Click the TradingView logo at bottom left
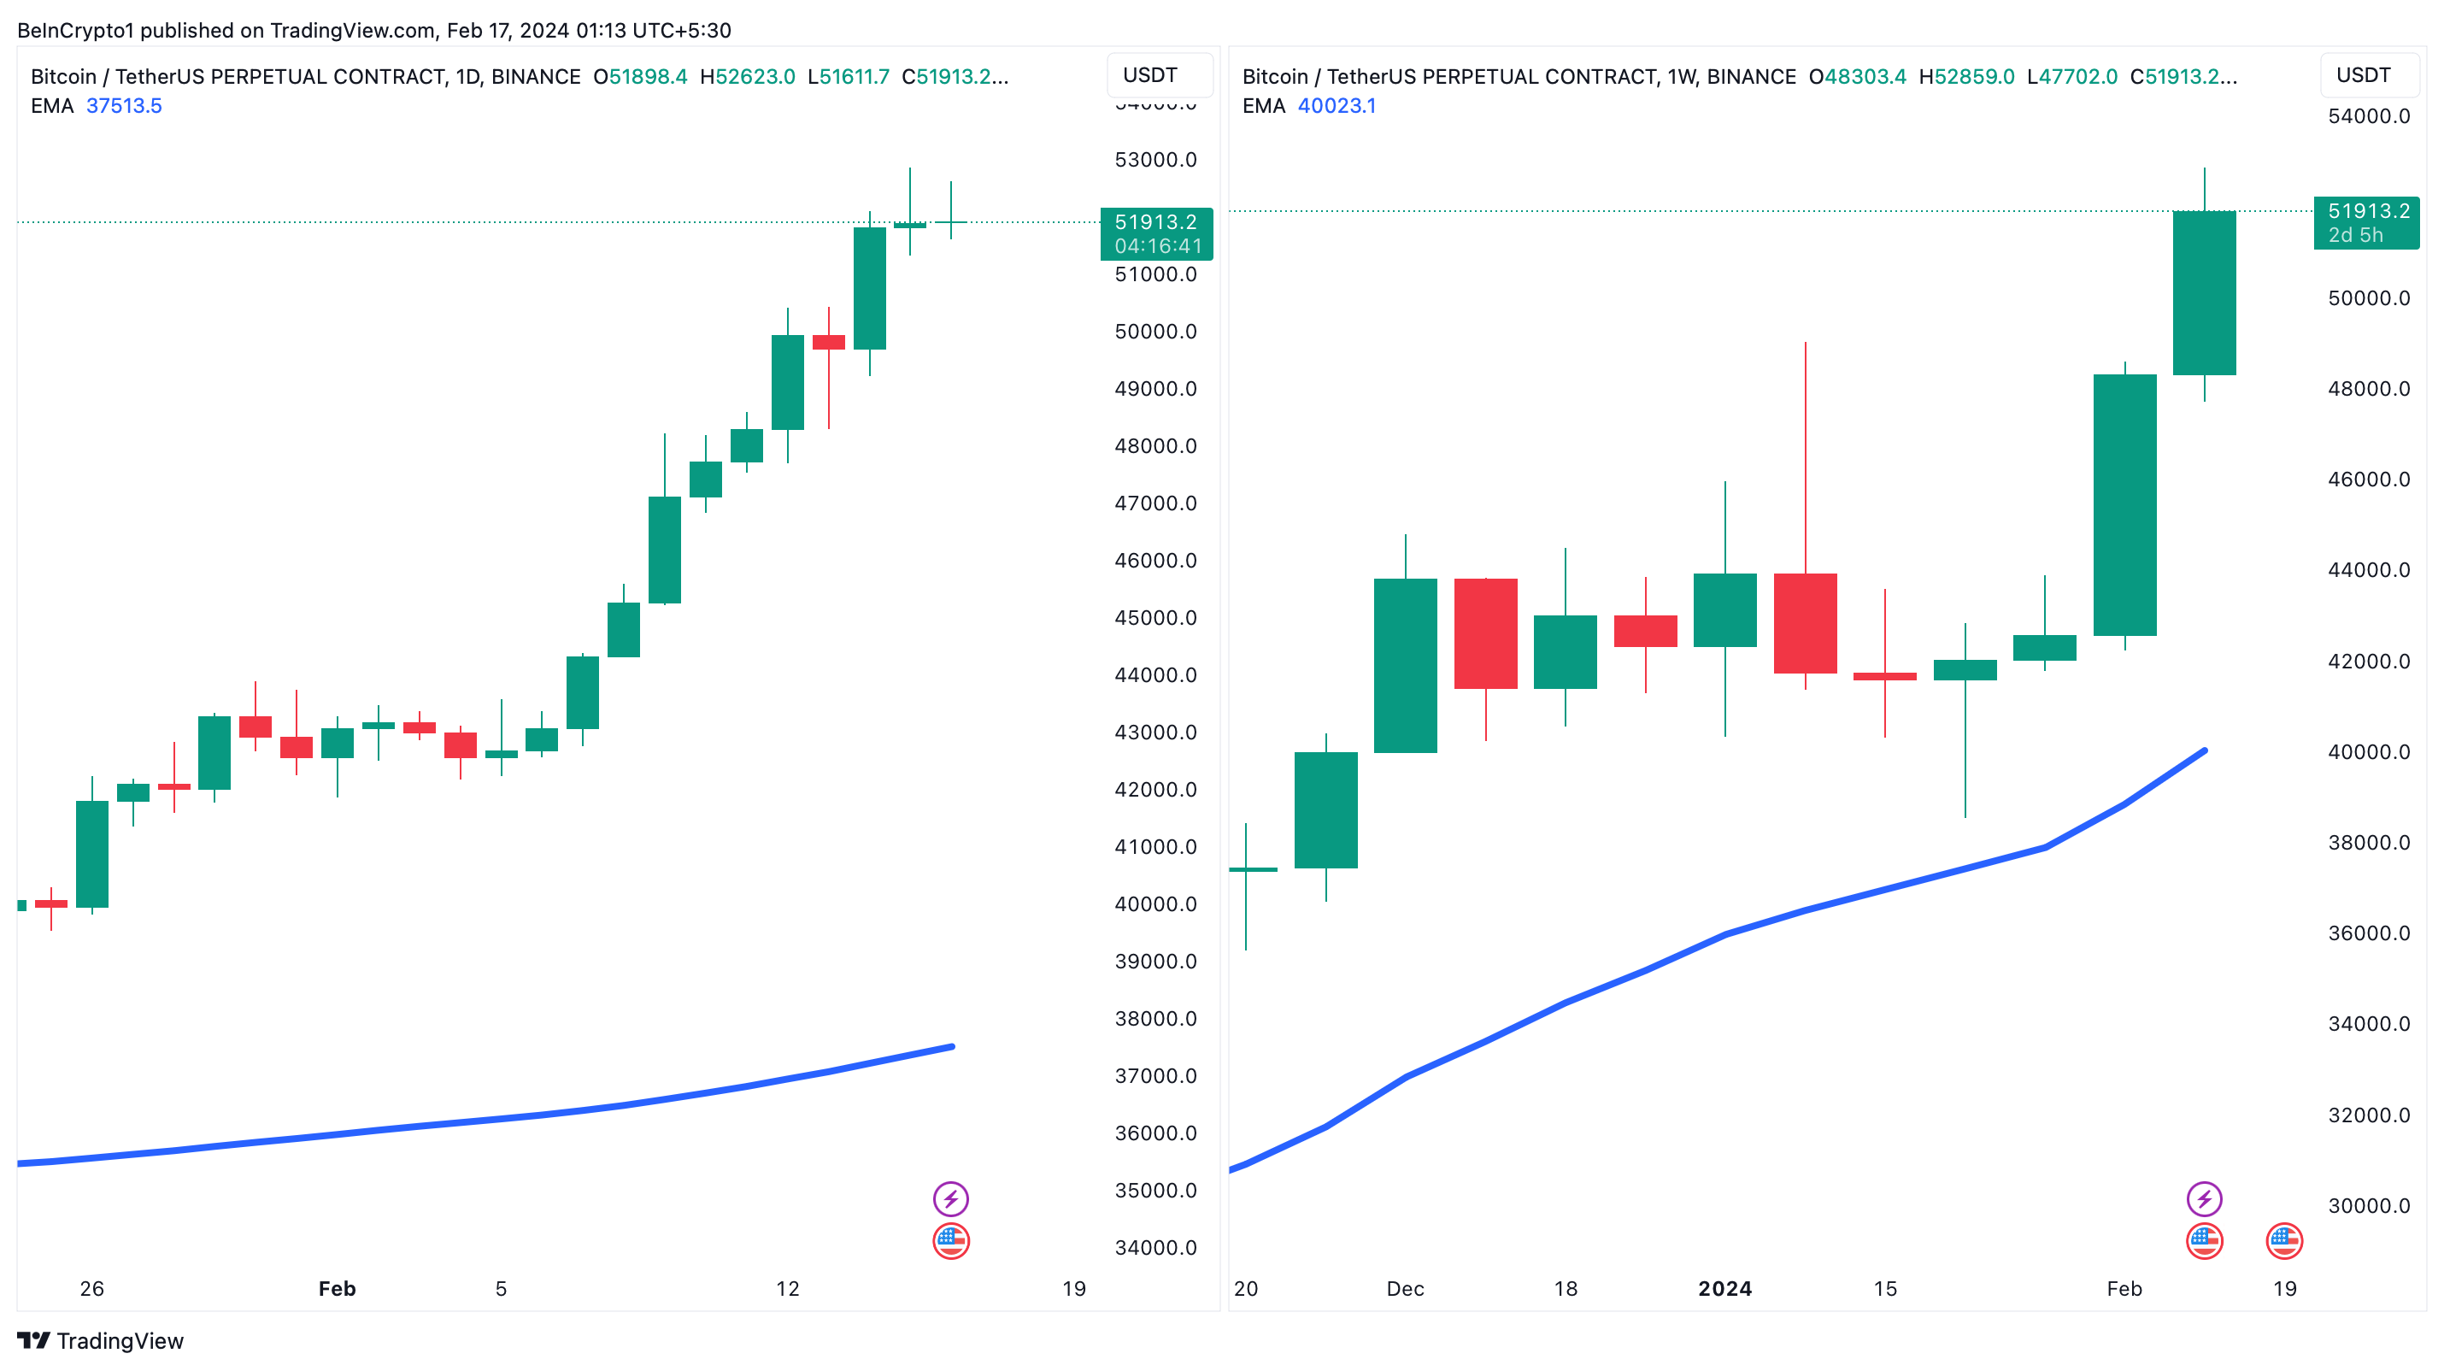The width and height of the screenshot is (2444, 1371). click(x=100, y=1339)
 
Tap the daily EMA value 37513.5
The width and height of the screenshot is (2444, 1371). click(x=124, y=105)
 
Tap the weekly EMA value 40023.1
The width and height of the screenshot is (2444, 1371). click(x=1336, y=105)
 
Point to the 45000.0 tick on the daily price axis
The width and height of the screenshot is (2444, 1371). click(x=1154, y=618)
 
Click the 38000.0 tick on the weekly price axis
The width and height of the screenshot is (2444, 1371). click(x=2368, y=843)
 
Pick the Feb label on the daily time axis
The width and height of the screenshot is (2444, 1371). click(x=337, y=1288)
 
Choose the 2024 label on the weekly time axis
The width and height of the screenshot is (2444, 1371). click(x=1724, y=1288)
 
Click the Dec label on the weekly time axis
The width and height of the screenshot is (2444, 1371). click(x=1404, y=1288)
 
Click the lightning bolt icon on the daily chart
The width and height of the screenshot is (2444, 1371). click(x=950, y=1198)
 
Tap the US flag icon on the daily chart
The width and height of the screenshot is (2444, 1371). click(x=950, y=1240)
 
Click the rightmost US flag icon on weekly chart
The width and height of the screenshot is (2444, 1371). click(x=2283, y=1240)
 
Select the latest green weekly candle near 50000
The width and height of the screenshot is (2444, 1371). click(x=2204, y=292)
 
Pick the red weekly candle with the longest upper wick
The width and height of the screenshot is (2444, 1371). click(x=1805, y=622)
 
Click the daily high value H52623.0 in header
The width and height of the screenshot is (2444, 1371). click(x=747, y=77)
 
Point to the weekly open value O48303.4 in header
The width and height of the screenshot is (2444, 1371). click(x=1857, y=77)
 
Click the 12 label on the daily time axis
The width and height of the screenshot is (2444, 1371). click(x=788, y=1288)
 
